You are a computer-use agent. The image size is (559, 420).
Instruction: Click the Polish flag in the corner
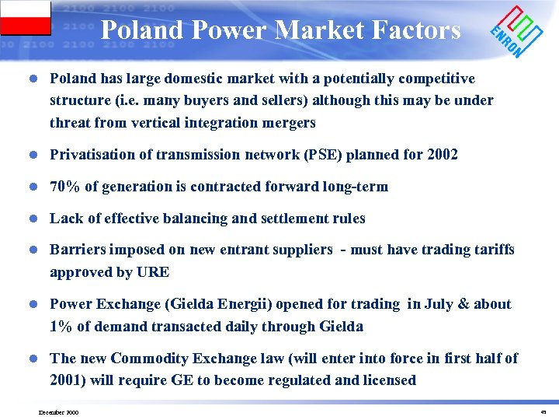point(25,18)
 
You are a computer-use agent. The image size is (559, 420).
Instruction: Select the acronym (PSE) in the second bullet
point(309,155)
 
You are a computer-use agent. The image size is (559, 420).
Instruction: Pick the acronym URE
point(155,272)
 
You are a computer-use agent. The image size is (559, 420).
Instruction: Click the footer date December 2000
point(58,411)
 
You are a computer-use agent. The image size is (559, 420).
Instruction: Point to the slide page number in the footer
point(543,411)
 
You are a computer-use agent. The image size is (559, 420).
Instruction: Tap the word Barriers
point(78,250)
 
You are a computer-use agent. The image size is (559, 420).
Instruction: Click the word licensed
point(387,380)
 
